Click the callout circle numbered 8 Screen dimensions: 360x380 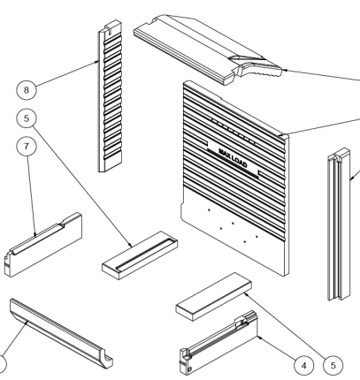tap(27, 90)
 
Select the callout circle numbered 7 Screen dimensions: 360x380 tap(27, 146)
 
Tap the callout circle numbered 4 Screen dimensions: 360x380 tap(304, 366)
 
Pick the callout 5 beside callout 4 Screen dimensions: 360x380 tap(333, 366)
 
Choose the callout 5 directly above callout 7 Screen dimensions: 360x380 tap(27, 118)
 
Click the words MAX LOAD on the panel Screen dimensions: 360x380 tap(233, 157)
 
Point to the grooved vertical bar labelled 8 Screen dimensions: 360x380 tap(111, 95)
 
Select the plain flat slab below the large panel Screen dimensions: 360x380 tap(214, 296)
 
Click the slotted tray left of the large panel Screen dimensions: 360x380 tap(140, 255)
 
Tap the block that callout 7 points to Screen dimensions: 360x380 tap(43, 245)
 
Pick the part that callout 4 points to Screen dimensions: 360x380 tap(218, 343)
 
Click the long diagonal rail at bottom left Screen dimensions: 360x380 tap(61, 333)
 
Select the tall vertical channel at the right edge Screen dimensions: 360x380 tap(339, 224)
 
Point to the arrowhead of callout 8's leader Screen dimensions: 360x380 tap(97, 62)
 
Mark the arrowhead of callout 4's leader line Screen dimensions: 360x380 tap(259, 337)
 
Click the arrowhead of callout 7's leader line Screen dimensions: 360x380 tap(35, 234)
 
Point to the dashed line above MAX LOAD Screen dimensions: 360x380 tap(233, 131)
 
